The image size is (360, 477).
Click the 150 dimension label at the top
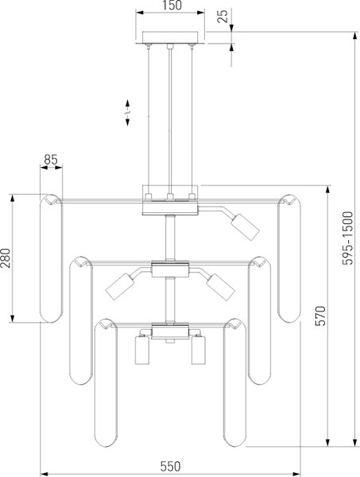(172, 6)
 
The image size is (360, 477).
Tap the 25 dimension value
(223, 17)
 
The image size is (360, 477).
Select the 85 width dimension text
(51, 160)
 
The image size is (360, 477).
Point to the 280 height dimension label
(6, 258)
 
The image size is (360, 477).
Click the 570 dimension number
(320, 316)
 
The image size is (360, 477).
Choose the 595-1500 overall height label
(348, 238)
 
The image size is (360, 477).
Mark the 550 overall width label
(170, 467)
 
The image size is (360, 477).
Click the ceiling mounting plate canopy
(170, 37)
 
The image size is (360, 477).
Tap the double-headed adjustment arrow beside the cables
(127, 112)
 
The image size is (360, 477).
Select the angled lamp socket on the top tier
(245, 227)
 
